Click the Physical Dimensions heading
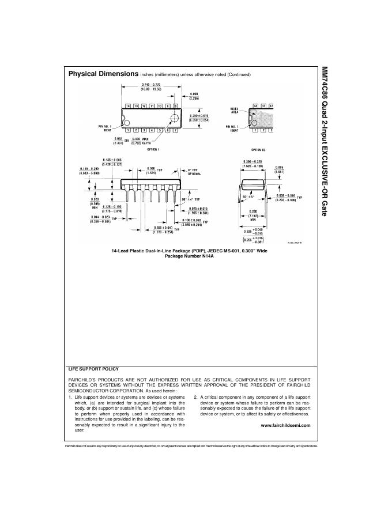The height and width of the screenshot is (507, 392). tap(103, 74)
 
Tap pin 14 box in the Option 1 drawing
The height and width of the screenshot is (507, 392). tap(128, 106)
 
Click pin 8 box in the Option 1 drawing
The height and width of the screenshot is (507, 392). tap(176, 106)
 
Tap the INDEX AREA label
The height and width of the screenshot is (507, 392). tap(235, 109)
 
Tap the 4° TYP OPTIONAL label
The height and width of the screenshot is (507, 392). tap(193, 172)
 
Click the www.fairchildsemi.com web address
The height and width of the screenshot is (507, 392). tap(285, 425)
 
